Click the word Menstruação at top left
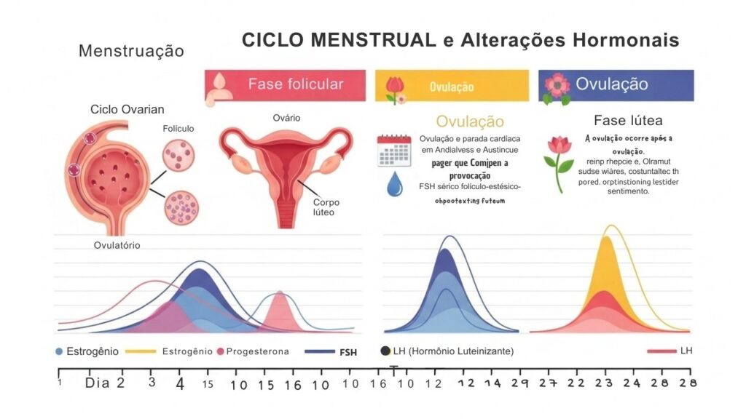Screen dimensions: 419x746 (x=131, y=52)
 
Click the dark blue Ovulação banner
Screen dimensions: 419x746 (x=616, y=85)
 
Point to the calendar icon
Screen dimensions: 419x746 (x=394, y=151)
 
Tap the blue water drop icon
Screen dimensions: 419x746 (x=394, y=185)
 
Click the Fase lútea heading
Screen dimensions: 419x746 (x=628, y=121)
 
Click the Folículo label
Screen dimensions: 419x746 (x=178, y=129)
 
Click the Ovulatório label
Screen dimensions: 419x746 (x=117, y=245)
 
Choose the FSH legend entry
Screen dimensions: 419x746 (x=348, y=352)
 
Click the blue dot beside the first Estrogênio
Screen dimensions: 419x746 (x=59, y=351)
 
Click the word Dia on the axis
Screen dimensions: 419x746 (x=98, y=383)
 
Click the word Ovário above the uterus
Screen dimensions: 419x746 (x=286, y=118)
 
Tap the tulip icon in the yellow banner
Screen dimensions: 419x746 (x=394, y=88)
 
